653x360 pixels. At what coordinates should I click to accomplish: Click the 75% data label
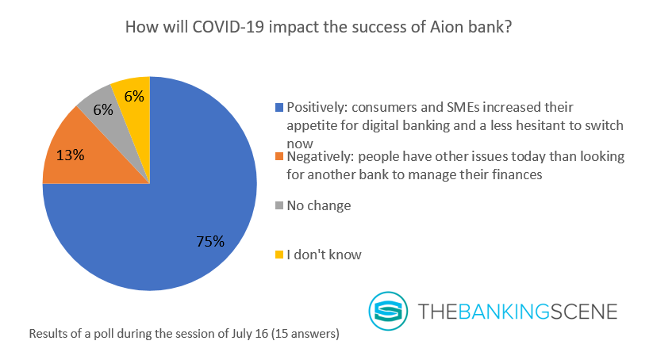[x=210, y=241]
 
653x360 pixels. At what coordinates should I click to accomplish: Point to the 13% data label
[x=71, y=155]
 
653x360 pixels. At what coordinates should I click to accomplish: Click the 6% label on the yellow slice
[x=134, y=97]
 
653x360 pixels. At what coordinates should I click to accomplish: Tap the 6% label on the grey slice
[x=103, y=110]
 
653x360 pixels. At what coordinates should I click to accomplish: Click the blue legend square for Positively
[x=279, y=107]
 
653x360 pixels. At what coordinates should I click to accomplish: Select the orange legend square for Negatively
[x=279, y=156]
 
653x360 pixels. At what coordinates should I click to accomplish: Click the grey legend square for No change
[x=279, y=205]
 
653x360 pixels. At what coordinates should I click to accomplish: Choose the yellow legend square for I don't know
[x=279, y=255]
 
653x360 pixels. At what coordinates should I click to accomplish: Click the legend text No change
[x=319, y=205]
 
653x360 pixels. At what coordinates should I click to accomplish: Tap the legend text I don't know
[x=324, y=255]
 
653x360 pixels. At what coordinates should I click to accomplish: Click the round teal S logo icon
[x=388, y=311]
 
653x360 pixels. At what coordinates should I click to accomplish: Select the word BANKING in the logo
[x=504, y=312]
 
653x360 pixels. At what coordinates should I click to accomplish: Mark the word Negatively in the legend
[x=320, y=157]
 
